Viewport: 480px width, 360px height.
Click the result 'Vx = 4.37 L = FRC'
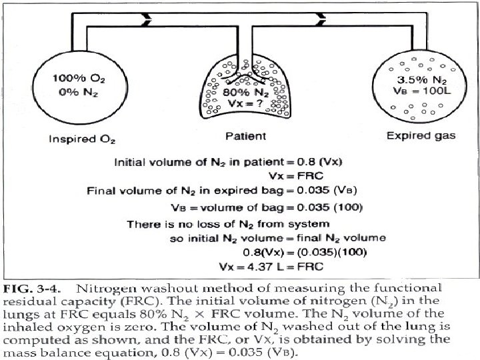[269, 267]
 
